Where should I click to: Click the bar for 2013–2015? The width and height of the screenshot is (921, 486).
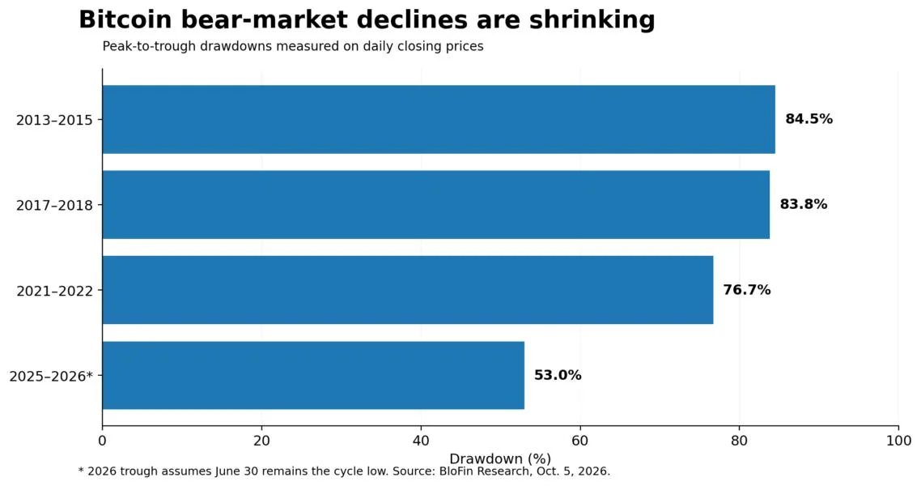click(439, 119)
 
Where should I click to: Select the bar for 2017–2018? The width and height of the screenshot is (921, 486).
click(436, 204)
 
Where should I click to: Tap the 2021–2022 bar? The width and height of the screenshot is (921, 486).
click(408, 290)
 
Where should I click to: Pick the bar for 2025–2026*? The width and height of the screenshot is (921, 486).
click(314, 375)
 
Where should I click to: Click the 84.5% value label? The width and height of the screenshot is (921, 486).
click(809, 119)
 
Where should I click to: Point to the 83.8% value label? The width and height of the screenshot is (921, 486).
click(804, 204)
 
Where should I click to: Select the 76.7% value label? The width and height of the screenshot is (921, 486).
click(746, 290)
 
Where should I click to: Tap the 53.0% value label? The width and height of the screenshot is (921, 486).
click(558, 375)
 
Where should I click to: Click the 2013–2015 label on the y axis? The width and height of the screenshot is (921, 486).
click(54, 120)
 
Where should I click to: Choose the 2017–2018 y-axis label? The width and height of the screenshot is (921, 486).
click(54, 205)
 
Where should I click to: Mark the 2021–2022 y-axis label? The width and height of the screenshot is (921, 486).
click(54, 290)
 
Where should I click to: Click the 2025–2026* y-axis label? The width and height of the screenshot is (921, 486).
click(51, 376)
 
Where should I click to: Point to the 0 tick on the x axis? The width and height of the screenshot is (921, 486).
click(102, 441)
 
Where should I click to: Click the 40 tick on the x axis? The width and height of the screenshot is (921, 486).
click(421, 441)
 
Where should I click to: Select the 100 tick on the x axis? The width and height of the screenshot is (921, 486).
click(898, 441)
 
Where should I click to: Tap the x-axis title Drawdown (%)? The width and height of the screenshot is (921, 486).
click(500, 458)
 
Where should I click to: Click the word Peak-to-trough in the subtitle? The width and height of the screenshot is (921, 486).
click(150, 46)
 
